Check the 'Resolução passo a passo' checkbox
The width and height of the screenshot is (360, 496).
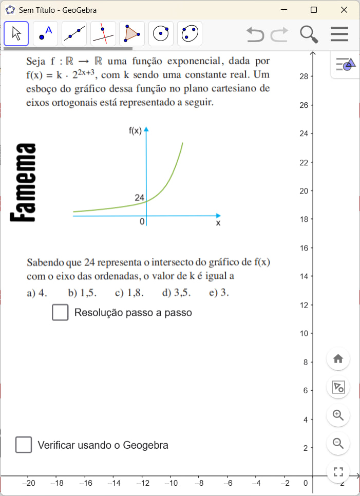pyautogui.click(x=60, y=312)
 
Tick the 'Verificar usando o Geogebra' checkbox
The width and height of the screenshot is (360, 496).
pyautogui.click(x=24, y=445)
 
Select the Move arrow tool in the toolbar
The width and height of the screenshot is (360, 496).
pyautogui.click(x=16, y=34)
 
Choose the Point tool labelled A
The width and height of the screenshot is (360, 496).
pyautogui.click(x=45, y=34)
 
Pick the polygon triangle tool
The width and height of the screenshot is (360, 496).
pyautogui.click(x=132, y=34)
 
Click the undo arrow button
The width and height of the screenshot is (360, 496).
pyautogui.click(x=255, y=34)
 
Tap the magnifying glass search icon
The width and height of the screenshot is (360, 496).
pyautogui.click(x=309, y=34)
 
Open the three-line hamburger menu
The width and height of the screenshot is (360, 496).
pyautogui.click(x=339, y=34)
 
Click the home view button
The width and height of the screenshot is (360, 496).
pyautogui.click(x=338, y=359)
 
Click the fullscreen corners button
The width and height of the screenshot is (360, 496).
pyautogui.click(x=338, y=471)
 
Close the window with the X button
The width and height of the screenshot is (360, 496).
pyautogui.click(x=344, y=10)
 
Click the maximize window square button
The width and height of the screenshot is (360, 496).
pyautogui.click(x=314, y=10)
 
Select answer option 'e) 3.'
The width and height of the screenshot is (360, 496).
pyautogui.click(x=219, y=293)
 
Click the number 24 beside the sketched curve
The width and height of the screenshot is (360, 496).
pyautogui.click(x=139, y=198)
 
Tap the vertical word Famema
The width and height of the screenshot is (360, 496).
pyautogui.click(x=23, y=183)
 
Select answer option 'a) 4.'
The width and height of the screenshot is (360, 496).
pyautogui.click(x=37, y=293)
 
